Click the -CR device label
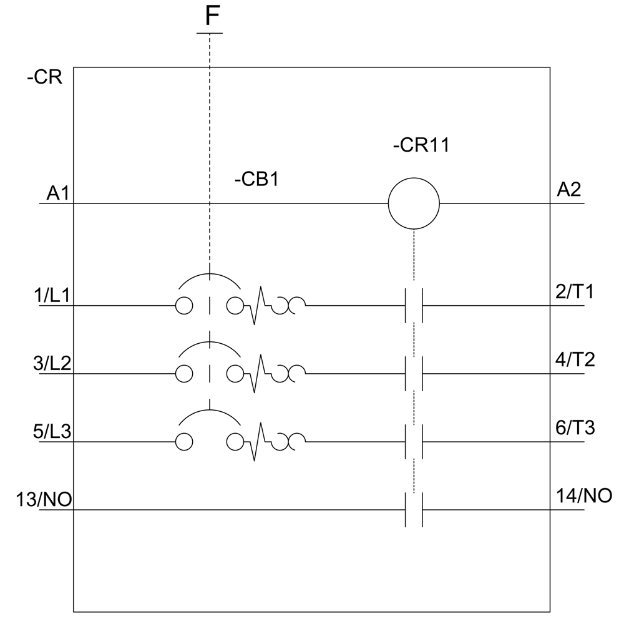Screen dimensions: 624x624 [44, 77]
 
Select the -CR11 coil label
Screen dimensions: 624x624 [421, 145]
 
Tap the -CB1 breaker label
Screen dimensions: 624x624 [256, 179]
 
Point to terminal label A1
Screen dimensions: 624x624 [58, 193]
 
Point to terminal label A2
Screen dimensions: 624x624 [568, 190]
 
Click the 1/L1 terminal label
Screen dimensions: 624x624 [52, 296]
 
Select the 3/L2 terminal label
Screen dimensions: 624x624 [52, 363]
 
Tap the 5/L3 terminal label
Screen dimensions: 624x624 [52, 431]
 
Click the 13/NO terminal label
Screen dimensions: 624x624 [44, 499]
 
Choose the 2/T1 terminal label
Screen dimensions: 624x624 [575, 291]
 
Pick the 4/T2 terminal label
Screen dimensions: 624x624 [575, 360]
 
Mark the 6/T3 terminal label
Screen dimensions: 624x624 [575, 428]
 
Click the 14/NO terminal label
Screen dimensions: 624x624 [584, 496]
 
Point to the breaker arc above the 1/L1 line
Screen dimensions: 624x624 [210, 274]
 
